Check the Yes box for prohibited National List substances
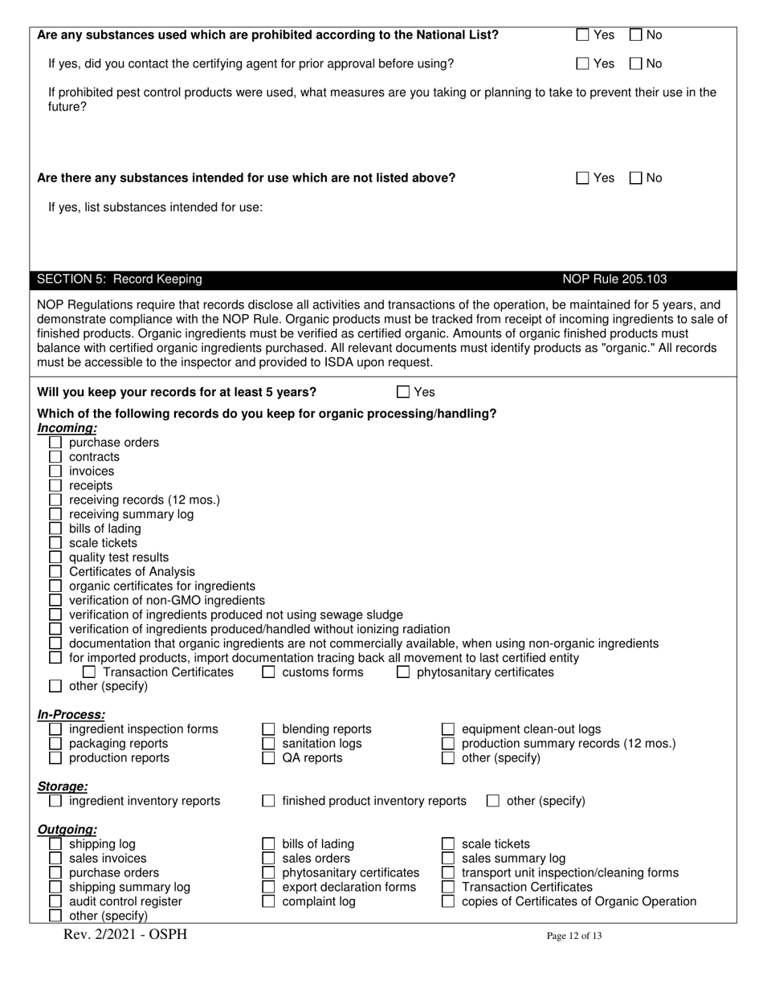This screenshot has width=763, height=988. [x=583, y=35]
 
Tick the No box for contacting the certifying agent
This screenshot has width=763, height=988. [x=636, y=63]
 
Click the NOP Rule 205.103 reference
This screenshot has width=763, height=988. [x=614, y=280]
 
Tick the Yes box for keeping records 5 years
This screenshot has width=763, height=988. [x=403, y=392]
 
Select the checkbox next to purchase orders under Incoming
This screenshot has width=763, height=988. [x=55, y=443]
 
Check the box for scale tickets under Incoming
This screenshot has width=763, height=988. [x=55, y=543]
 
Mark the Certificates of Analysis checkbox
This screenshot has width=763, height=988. [x=55, y=572]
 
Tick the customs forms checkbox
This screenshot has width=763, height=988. [x=270, y=672]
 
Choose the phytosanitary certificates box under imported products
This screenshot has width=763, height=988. [x=404, y=672]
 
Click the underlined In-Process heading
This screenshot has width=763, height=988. [x=71, y=714]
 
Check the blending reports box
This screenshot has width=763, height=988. [x=270, y=729]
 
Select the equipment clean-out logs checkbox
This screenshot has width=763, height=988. [x=449, y=729]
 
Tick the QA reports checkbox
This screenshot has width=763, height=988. [x=270, y=758]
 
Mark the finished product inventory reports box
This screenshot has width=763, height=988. [x=270, y=801]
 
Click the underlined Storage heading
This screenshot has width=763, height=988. [x=63, y=786]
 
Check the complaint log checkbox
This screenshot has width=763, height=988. [x=270, y=902]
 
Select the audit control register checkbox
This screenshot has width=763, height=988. [x=55, y=902]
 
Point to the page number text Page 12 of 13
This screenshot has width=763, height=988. [x=573, y=936]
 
